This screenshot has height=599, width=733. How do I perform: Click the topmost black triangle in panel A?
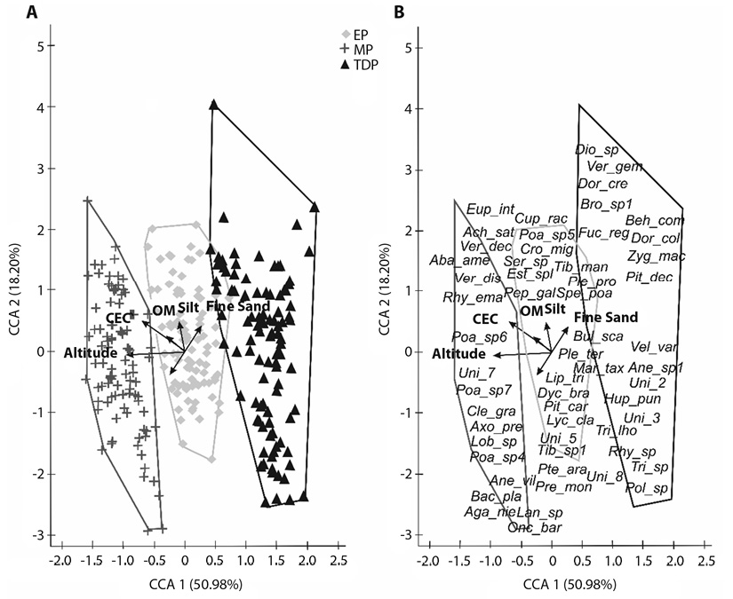[x=213, y=105]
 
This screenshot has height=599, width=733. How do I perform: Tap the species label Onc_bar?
[x=532, y=527]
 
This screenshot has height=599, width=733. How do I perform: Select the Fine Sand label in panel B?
[x=606, y=317]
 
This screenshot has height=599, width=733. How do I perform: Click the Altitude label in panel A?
[x=92, y=353]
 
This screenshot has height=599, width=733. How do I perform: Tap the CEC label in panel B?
[x=485, y=318]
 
